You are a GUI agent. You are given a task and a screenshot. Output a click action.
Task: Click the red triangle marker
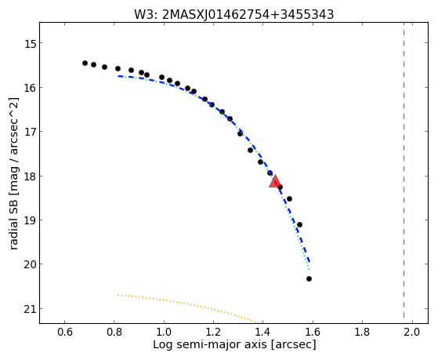tap(275, 182)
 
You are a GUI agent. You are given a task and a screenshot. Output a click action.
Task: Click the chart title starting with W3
tap(233, 15)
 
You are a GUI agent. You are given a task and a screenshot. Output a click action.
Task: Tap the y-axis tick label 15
tap(31, 43)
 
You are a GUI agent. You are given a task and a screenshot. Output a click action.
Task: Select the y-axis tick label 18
tap(31, 176)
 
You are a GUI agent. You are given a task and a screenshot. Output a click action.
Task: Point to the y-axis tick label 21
tap(31, 309)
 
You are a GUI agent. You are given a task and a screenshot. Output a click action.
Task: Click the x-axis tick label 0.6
tap(65, 333)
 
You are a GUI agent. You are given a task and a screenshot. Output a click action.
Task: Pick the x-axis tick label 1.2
tap(213, 333)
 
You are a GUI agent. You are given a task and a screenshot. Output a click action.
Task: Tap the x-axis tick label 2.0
tap(412, 333)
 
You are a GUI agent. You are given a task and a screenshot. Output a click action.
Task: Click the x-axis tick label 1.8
tap(362, 333)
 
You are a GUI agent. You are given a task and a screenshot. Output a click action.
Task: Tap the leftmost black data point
tap(85, 64)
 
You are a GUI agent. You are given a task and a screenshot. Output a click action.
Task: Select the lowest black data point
tap(309, 279)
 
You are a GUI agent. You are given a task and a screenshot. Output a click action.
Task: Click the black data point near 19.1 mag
tap(300, 224)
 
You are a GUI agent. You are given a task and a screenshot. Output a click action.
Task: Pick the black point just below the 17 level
tap(240, 133)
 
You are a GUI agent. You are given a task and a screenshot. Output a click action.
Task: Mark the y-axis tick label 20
tap(31, 264)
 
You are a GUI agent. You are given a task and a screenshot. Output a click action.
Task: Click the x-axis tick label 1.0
tap(164, 333)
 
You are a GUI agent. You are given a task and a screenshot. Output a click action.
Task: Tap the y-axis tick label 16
tap(31, 88)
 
